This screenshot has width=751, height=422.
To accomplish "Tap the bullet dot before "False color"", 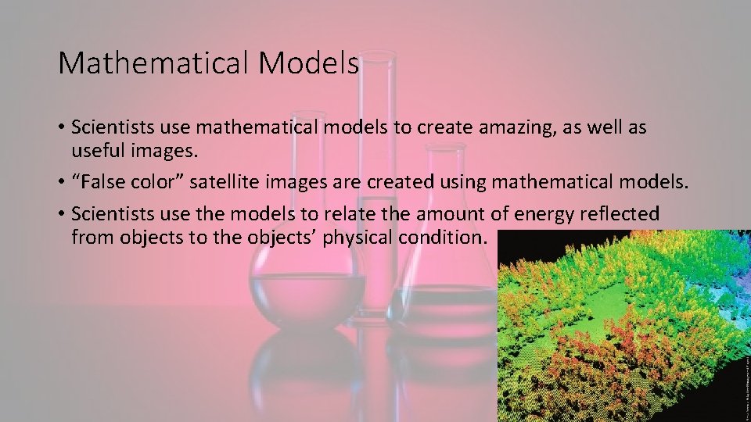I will (x=60, y=183).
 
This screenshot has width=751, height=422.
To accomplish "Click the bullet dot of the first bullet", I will (x=60, y=127).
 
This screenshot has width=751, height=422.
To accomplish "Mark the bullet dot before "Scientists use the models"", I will (x=60, y=214).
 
